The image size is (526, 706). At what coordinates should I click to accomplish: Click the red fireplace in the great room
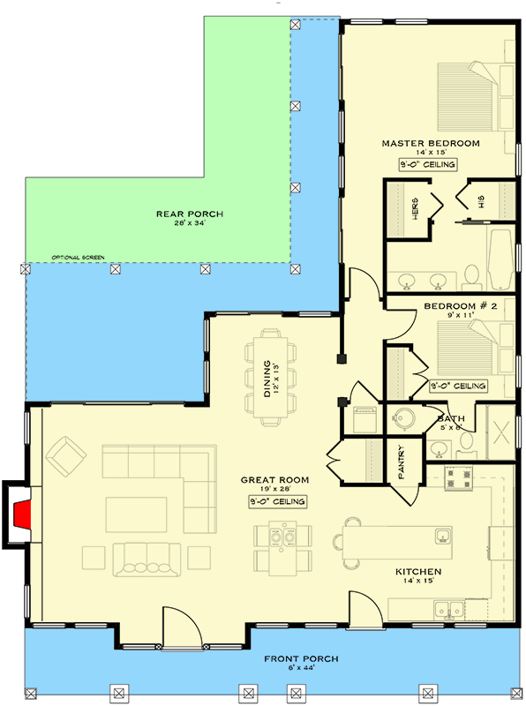click(26, 514)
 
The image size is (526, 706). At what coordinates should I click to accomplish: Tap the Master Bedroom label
click(430, 143)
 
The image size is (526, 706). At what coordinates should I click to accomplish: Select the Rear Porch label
click(189, 214)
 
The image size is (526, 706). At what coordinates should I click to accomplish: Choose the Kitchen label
click(417, 572)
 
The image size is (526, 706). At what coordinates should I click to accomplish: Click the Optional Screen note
click(78, 258)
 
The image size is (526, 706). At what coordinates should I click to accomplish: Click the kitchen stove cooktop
click(460, 477)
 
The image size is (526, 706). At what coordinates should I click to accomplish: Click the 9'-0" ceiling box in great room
click(277, 501)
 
